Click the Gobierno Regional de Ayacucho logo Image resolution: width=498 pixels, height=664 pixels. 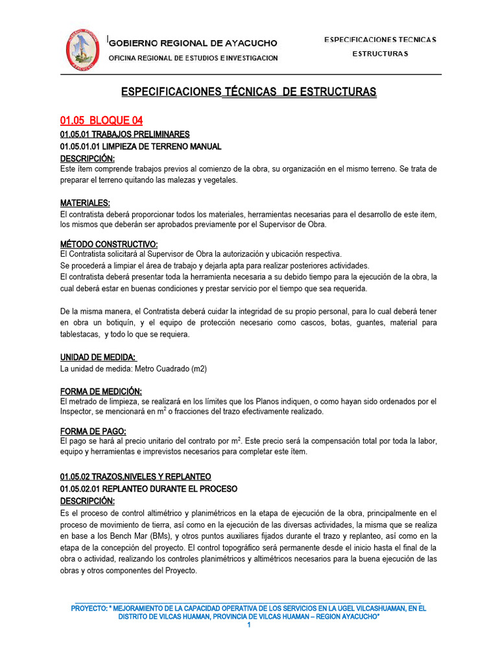(82, 50)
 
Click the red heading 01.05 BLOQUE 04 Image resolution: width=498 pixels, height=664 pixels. (101, 121)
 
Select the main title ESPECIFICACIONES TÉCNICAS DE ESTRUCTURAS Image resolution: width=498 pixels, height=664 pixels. (248, 92)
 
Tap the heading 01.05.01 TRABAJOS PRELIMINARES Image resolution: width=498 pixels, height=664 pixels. (124, 134)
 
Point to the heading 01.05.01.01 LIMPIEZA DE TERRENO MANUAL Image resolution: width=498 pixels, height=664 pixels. (141, 147)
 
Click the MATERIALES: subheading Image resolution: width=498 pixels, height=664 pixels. (85, 203)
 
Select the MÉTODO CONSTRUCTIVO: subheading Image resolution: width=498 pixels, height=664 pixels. (109, 243)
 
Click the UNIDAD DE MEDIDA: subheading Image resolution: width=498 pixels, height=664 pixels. (98, 357)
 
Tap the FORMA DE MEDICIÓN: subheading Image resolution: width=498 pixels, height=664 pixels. (101, 391)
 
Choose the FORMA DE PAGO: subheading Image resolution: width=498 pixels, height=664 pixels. (93, 431)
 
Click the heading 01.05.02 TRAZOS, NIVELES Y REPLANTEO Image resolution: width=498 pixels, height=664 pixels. (135, 477)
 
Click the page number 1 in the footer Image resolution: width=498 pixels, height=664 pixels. (248, 624)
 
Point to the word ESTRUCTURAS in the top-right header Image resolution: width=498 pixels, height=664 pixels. (380, 54)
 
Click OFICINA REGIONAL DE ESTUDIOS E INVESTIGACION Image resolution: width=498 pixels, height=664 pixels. (193, 58)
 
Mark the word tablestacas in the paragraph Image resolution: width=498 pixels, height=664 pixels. (80, 335)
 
